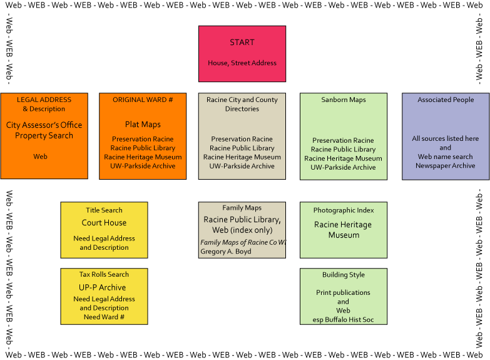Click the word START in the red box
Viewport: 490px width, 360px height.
click(x=242, y=42)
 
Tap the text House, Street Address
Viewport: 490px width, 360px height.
click(x=242, y=63)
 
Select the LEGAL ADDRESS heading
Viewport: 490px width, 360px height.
click(x=44, y=100)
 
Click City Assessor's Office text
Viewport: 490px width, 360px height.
click(x=44, y=125)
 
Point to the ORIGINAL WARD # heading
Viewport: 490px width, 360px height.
click(x=143, y=100)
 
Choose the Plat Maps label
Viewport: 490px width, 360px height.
click(x=143, y=125)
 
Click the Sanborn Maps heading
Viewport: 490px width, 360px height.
click(x=344, y=100)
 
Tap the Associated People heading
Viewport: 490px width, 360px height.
click(x=446, y=100)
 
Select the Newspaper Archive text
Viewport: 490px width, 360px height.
click(x=446, y=165)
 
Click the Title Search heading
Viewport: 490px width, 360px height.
click(x=104, y=210)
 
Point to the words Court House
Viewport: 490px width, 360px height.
click(x=104, y=223)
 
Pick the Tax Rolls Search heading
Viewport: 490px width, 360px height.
click(x=104, y=274)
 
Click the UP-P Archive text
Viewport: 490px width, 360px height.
click(x=102, y=287)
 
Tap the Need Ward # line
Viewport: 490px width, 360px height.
click(x=104, y=317)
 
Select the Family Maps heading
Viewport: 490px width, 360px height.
click(x=242, y=208)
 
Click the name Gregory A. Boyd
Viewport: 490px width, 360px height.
click(x=226, y=252)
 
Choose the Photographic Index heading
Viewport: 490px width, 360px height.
click(x=344, y=210)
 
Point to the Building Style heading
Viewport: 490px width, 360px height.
click(x=344, y=275)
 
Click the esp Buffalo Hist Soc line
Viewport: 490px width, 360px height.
click(x=343, y=320)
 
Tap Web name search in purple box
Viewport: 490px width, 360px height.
click(x=446, y=157)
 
